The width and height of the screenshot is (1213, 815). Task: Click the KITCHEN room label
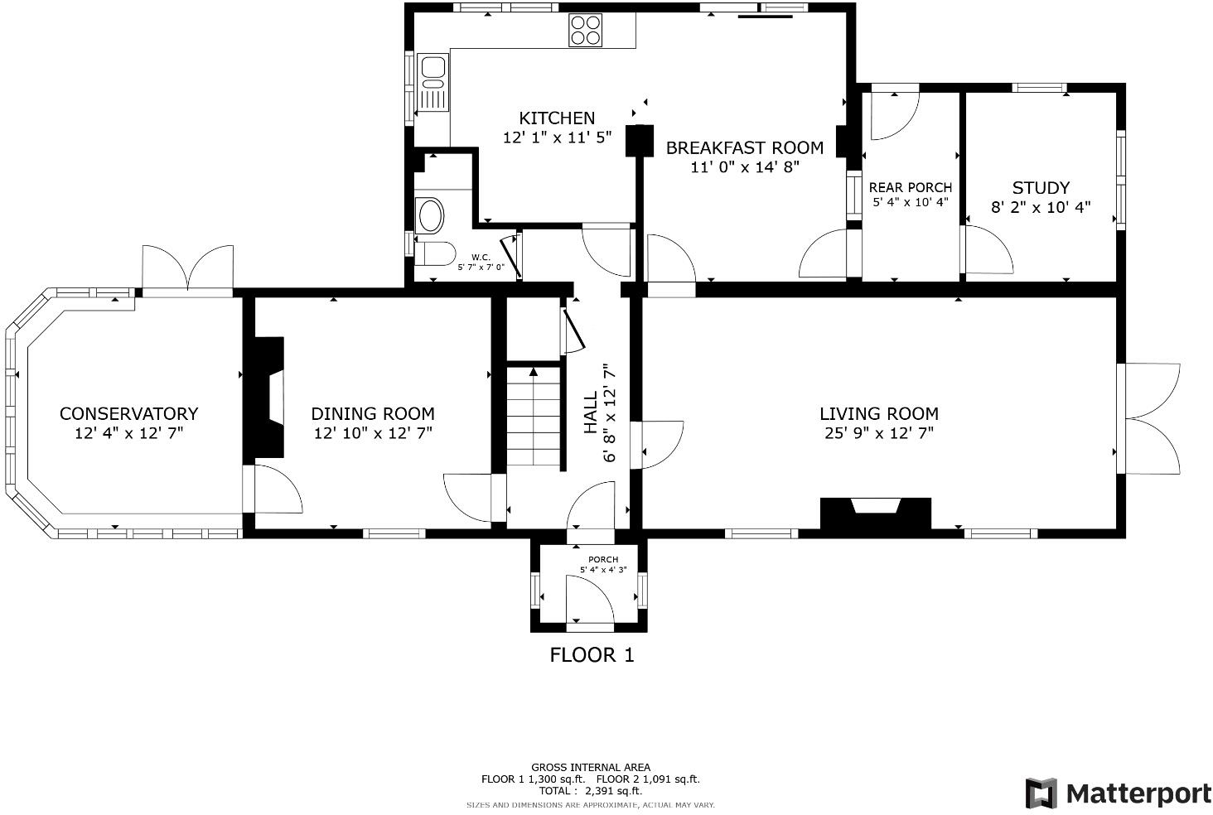557,118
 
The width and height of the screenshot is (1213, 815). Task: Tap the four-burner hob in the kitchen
585,31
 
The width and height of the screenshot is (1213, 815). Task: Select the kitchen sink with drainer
433,82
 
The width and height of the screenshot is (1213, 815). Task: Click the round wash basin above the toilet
431,216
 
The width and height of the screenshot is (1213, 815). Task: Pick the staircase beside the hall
534,418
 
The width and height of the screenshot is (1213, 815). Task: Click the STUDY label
1041,188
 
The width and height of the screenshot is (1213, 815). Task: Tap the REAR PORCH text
910,188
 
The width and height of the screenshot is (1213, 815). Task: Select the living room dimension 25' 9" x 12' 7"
879,433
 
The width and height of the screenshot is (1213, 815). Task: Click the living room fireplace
876,513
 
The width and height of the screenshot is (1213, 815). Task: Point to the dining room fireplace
268,398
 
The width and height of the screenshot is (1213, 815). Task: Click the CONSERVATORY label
128,414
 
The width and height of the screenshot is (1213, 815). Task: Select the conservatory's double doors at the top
188,268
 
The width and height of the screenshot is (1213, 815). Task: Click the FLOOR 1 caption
592,655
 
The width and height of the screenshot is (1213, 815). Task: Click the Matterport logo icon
1041,793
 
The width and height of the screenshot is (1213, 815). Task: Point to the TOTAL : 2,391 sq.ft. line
590,791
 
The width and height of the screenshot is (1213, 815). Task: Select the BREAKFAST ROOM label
745,148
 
